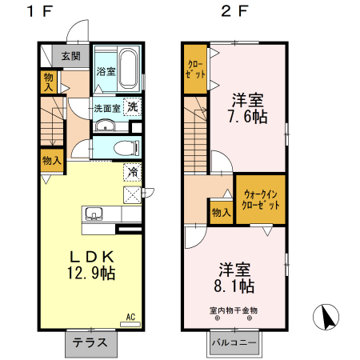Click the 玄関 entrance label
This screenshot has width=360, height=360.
click(70, 56)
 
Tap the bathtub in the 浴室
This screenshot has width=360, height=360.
click(128, 69)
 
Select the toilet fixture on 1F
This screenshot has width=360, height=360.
click(126, 147)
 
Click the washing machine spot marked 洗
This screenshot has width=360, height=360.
click(133, 107)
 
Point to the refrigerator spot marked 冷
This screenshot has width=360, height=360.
click(133, 172)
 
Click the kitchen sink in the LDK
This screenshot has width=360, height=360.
click(94, 214)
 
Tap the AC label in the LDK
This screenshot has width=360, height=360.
click(130, 317)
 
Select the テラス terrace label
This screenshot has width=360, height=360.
click(90, 342)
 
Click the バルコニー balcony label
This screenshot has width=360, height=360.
click(234, 342)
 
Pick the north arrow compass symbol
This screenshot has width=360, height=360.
click(326, 317)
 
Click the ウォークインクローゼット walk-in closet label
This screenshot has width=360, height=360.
click(261, 200)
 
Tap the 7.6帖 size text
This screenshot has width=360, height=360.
click(248, 117)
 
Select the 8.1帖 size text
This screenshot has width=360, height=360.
click(234, 286)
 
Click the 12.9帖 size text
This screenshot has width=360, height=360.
click(91, 273)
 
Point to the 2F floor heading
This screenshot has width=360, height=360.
click(234, 11)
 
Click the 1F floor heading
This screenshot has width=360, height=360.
click(40, 11)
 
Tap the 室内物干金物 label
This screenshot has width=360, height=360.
click(234, 310)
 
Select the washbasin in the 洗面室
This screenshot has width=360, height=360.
click(105, 126)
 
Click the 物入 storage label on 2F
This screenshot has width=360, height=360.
click(221, 213)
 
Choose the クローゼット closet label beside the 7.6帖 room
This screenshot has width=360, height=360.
click(195, 70)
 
